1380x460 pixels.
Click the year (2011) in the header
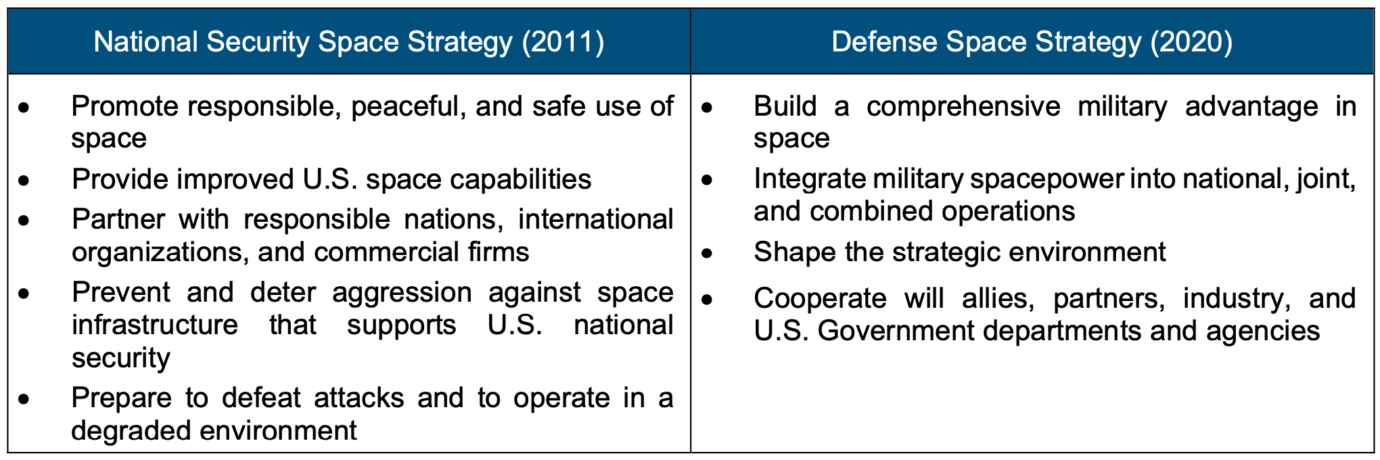[563, 42]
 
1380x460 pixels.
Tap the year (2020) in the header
[1191, 42]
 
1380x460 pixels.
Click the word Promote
[124, 106]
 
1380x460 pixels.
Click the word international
[595, 219]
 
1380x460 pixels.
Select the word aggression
[402, 292]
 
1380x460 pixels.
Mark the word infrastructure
[155, 325]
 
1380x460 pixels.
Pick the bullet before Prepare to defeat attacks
[24, 399]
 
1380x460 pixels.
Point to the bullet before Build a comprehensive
[707, 108]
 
